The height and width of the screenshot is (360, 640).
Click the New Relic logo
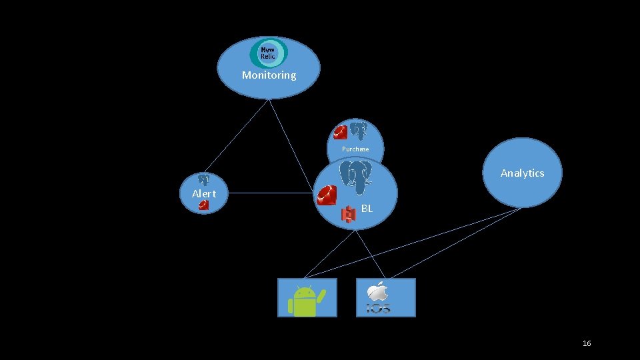click(268, 53)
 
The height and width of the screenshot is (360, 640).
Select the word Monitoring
click(269, 75)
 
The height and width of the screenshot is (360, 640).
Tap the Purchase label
click(355, 149)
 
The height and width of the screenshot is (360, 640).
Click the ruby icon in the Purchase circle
click(340, 132)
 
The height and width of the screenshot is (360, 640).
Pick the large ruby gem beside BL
click(327, 195)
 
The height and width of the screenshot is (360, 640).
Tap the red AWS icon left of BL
click(349, 214)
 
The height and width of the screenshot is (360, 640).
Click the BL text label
click(367, 209)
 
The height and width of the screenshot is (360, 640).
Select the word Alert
click(203, 193)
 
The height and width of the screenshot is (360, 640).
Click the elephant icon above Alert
click(203, 179)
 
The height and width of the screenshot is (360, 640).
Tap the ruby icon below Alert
click(203, 205)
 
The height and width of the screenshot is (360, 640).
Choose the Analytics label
click(522, 173)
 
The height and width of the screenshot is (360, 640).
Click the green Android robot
click(305, 300)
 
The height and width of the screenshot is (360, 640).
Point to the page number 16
click(587, 343)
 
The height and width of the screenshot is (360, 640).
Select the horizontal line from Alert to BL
click(267, 193)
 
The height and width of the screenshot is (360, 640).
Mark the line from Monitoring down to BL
click(291, 147)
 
